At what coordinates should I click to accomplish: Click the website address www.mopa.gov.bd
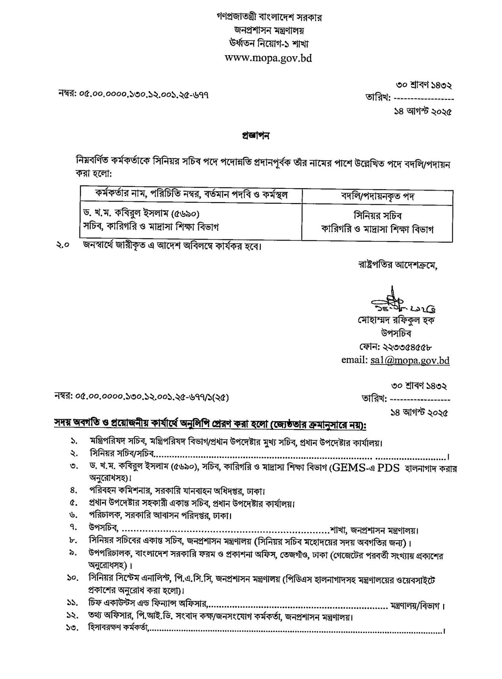click(x=268, y=58)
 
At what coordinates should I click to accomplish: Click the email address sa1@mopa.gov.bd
click(x=409, y=360)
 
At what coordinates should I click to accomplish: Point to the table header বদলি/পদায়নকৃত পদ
click(x=377, y=196)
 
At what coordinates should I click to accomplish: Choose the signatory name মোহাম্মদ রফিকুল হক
click(x=396, y=320)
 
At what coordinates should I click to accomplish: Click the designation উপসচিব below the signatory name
click(x=396, y=333)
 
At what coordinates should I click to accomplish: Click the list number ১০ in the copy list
click(x=72, y=578)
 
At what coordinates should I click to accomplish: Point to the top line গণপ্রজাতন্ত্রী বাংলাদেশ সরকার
click(x=269, y=17)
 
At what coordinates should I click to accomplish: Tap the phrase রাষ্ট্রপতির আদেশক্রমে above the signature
click(x=397, y=265)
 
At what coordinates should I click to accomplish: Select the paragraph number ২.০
click(x=63, y=245)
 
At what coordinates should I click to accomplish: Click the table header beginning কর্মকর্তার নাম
click(x=191, y=195)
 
